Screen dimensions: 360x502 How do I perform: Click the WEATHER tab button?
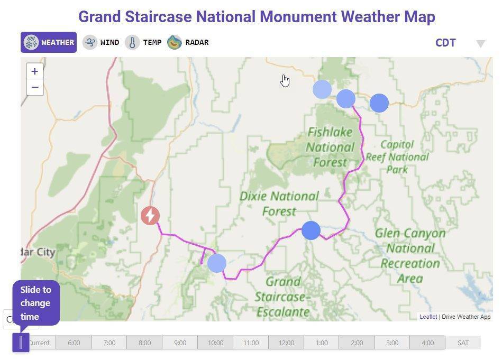49,42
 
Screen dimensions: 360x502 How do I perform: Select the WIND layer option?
101,42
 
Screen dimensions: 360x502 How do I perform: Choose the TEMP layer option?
143,42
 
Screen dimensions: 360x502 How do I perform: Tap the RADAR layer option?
188,42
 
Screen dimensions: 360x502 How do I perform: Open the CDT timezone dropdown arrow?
480,44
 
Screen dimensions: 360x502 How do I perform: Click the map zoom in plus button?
34,71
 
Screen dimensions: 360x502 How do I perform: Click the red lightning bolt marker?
150,216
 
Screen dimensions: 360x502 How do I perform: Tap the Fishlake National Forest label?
330,147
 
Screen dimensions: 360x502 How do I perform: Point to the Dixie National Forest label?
279,204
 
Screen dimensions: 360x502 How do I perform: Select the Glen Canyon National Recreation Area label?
410,255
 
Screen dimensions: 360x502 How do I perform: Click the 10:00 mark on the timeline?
215,343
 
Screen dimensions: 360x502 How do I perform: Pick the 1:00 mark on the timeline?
322,343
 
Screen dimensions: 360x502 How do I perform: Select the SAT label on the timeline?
463,343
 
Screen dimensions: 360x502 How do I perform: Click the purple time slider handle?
21,343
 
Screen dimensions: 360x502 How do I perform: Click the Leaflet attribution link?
428,317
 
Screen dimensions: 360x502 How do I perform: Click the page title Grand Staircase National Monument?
257,16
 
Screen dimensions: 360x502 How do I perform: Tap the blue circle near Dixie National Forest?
311,230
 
